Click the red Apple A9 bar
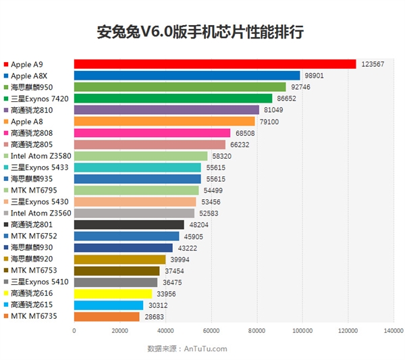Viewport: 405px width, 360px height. pos(215,64)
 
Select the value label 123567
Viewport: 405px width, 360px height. pos(373,64)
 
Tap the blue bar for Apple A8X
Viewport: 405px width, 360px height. pos(186,76)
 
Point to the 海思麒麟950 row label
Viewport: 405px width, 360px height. pos(32,87)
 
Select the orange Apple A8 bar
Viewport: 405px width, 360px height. pos(164,122)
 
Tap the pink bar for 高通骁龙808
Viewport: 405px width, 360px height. pos(152,133)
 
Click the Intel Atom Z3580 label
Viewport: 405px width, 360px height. pos(37,156)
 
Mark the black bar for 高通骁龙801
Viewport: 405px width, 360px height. pos(128,225)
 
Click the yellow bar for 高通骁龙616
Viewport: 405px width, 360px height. pos(112,294)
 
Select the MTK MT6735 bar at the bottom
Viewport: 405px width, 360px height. pos(106,317)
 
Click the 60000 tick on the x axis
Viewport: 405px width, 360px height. pos(211,331)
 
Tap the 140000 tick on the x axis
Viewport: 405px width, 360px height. pos(393,331)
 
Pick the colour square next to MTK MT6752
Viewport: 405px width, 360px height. pos(6,236)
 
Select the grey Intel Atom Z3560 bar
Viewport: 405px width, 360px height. pos(134,213)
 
